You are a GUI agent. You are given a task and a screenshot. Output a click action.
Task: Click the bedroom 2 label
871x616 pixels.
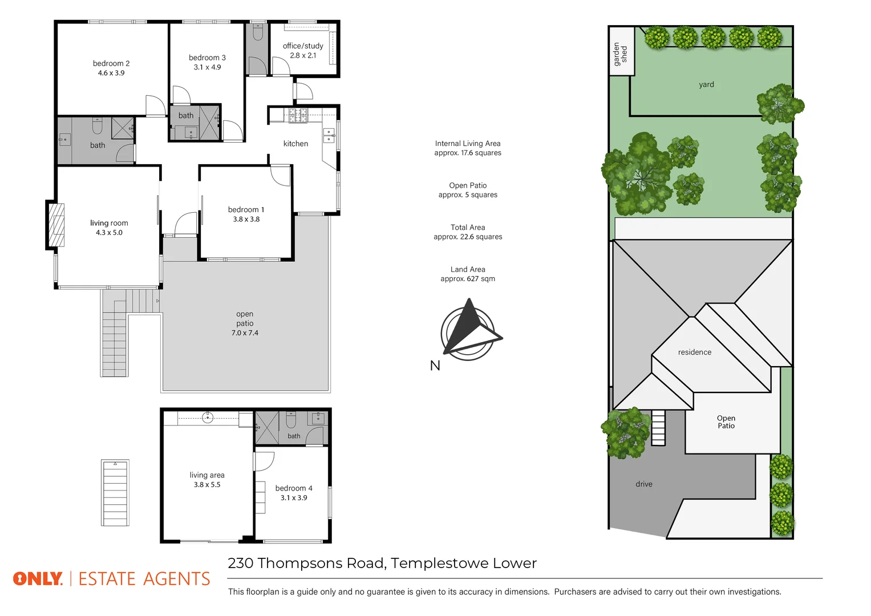(x=111, y=63)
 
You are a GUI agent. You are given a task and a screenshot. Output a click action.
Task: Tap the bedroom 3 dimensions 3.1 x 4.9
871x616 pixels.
(x=207, y=67)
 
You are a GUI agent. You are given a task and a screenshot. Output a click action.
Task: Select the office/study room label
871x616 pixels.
(x=303, y=46)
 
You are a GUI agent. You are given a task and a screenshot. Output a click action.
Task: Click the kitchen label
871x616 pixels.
(x=295, y=144)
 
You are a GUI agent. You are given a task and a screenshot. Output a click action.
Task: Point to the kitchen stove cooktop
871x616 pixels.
(x=298, y=115)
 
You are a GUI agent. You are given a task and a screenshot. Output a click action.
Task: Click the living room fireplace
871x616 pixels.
(x=56, y=225)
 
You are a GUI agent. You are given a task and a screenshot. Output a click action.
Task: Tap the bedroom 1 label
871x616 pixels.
(x=246, y=209)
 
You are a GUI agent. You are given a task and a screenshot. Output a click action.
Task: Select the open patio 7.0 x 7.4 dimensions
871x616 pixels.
(x=245, y=333)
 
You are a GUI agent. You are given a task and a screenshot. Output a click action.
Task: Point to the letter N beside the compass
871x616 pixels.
(x=435, y=366)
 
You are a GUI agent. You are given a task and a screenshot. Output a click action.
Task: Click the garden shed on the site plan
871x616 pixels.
(x=621, y=51)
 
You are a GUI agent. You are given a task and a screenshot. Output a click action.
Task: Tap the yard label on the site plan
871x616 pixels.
(x=706, y=84)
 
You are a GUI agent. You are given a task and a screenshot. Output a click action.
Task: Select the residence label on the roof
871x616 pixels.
(x=695, y=352)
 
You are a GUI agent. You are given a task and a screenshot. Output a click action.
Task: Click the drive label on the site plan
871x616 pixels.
(x=644, y=484)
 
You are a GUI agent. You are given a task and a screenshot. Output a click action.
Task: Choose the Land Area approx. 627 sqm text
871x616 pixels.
(x=468, y=274)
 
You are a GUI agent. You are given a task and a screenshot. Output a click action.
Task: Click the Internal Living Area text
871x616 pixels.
(x=468, y=144)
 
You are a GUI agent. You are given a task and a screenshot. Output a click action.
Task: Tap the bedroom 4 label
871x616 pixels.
(x=294, y=488)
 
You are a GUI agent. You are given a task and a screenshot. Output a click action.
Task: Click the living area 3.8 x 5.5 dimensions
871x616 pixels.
(x=207, y=485)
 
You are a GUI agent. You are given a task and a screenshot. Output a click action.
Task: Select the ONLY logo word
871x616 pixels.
(x=38, y=579)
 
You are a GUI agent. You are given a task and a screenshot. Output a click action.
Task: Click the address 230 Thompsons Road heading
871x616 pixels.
(x=382, y=564)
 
